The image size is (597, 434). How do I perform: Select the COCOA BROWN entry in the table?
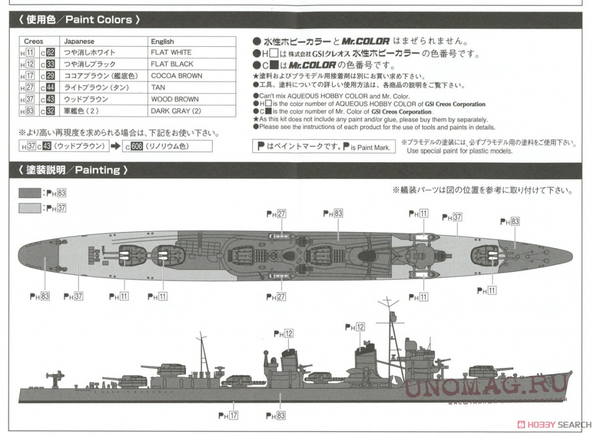click(x=176, y=76)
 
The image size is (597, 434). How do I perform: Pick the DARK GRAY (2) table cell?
click(x=176, y=111)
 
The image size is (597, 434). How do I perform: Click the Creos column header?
click(x=34, y=42)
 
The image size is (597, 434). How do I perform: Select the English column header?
click(x=162, y=42)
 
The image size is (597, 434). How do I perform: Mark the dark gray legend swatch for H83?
click(x=30, y=193)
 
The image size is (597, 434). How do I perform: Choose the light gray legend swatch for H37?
click(x=30, y=207)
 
